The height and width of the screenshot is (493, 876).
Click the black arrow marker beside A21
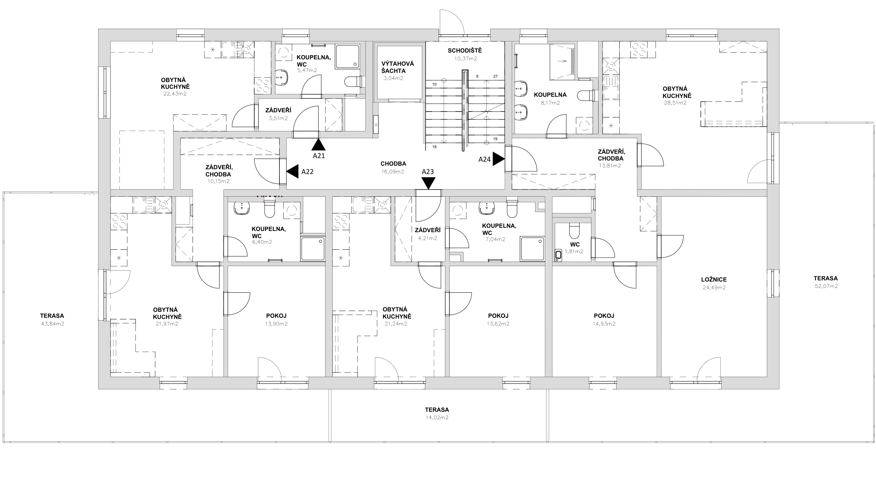[318, 144]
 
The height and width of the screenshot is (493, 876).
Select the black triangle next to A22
[293, 172]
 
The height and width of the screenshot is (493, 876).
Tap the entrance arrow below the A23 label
[428, 183]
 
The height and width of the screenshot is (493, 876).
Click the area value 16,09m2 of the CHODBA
[393, 172]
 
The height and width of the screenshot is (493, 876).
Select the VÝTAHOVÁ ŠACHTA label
[398, 67]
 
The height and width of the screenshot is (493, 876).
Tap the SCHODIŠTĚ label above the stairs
[465, 51]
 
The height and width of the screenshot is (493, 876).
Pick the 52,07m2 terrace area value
[826, 286]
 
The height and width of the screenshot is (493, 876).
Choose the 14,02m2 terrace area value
[437, 418]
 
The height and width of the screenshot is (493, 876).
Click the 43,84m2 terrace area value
[53, 324]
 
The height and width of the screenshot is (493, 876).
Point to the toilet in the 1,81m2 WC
[575, 231]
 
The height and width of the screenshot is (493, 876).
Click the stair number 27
[495, 76]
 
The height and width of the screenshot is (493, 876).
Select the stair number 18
[435, 147]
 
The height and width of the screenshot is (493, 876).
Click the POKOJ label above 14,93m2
[604, 316]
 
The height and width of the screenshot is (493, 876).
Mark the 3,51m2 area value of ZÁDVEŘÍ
[278, 118]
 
